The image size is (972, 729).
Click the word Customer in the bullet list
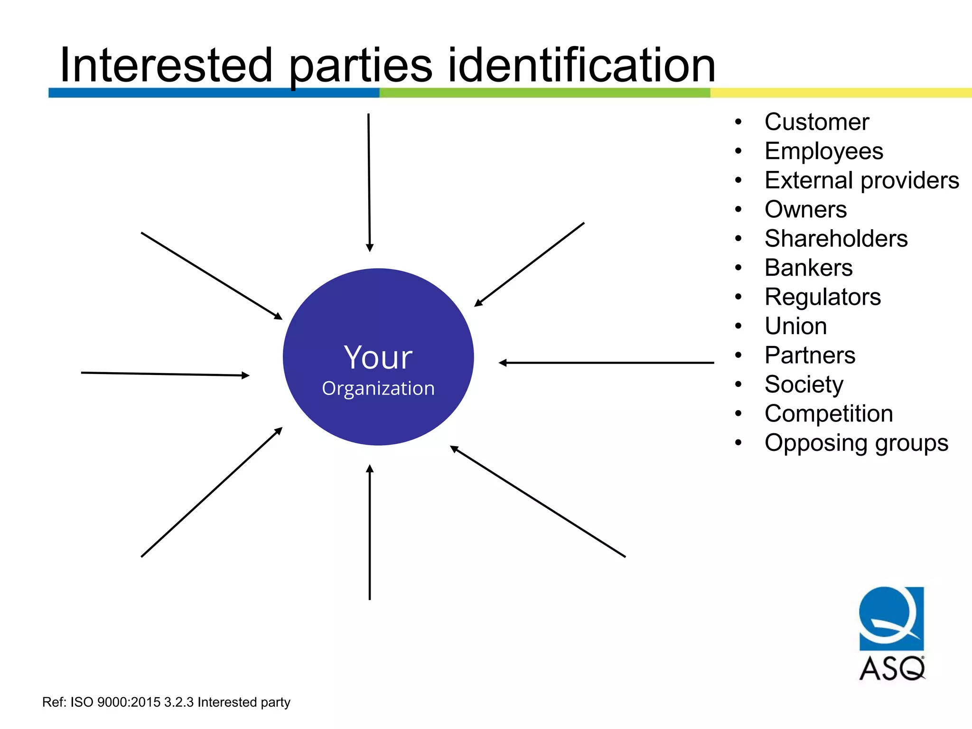coord(816,122)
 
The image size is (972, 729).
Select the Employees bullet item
coord(823,151)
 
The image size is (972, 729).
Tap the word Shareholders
coord(836,239)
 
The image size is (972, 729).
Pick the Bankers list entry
coord(808,268)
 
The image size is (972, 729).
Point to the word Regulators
coord(822,297)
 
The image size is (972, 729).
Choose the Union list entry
coord(795,326)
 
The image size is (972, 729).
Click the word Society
coord(804,384)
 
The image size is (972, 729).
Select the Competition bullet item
coord(829,414)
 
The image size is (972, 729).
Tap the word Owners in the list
coord(805,209)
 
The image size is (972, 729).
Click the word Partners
coord(810,355)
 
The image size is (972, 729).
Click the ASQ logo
coord(891,633)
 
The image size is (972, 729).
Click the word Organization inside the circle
coord(378,389)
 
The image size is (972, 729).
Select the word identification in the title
coord(581,65)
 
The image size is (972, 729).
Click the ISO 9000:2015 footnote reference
coord(166,702)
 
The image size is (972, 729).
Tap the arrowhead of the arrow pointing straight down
coord(370,247)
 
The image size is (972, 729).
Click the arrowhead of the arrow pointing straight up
coord(370,469)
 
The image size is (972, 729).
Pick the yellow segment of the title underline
coord(840,93)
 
